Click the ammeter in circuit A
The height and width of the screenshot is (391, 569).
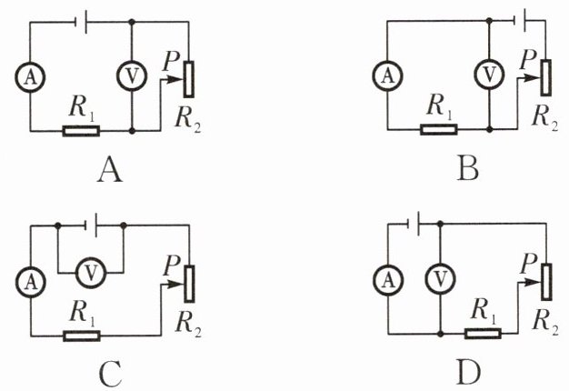point(30,77)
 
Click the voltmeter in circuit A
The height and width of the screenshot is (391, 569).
point(132,76)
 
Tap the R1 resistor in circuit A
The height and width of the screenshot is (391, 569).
point(81,131)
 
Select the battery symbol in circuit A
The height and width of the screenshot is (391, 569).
point(81,22)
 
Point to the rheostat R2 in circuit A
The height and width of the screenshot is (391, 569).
point(188,79)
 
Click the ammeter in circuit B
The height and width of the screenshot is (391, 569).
point(387,75)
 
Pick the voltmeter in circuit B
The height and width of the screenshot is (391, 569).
point(489,75)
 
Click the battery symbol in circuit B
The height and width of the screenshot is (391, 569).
point(521,21)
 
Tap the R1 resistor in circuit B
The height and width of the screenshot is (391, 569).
point(439,129)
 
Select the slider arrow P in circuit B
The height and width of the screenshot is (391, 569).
point(529,77)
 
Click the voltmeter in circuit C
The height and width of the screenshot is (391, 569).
point(91,272)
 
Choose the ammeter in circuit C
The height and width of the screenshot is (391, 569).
point(31,283)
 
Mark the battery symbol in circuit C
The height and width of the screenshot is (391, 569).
point(91,226)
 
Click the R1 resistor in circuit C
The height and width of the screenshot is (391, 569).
point(82,336)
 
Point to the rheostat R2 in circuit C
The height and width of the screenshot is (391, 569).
point(189,284)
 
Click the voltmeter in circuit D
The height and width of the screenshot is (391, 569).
point(440,279)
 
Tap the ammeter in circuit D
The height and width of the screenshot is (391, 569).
point(388,280)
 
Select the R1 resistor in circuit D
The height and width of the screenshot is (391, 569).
point(483,334)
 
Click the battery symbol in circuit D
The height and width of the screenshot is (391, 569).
point(414,224)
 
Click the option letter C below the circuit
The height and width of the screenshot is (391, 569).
point(110,374)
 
